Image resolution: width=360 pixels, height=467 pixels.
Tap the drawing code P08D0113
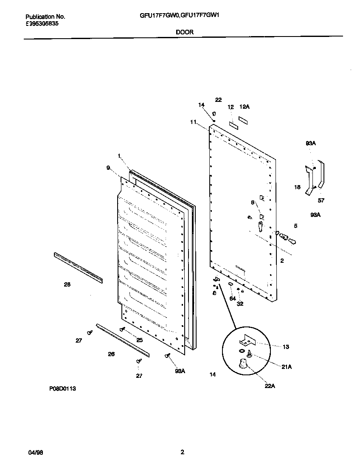point(62,388)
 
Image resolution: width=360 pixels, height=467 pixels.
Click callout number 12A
point(244,107)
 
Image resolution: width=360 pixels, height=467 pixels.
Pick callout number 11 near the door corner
point(193,122)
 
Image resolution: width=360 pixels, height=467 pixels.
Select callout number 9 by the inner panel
point(108,169)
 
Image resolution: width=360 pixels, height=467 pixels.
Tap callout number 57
point(321,200)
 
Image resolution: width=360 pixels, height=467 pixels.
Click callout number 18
point(298,187)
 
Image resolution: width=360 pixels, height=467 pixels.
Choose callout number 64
point(232,298)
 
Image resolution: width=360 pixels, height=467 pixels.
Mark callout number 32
point(240,304)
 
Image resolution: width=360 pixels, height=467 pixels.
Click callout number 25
point(139,340)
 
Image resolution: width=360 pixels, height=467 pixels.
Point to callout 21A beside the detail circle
point(287,367)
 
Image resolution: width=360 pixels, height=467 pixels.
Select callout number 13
point(286,347)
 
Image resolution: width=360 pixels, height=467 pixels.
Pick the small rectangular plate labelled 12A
point(242,120)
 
